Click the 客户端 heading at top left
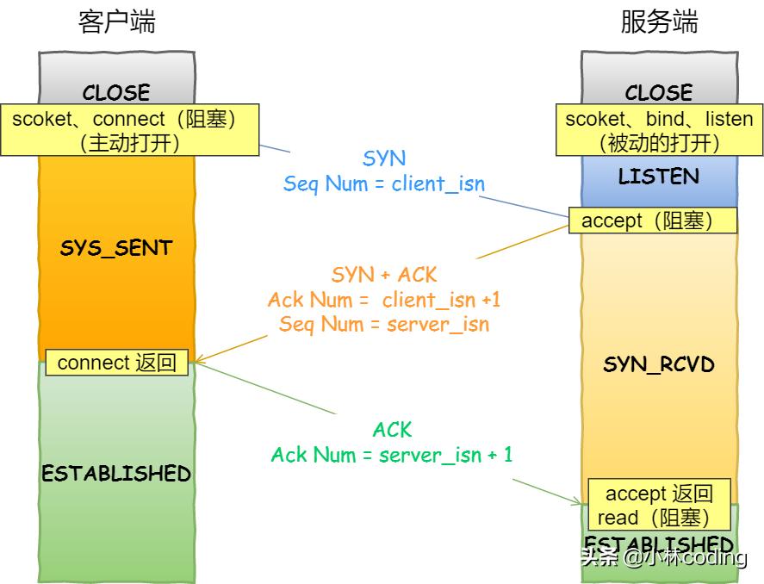[x=116, y=22]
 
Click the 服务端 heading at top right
[x=659, y=22]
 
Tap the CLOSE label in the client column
[x=116, y=91]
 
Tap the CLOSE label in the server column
[x=659, y=91]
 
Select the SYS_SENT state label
[x=116, y=248]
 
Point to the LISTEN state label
[x=659, y=177]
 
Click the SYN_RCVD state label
[x=659, y=364]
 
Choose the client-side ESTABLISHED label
[x=116, y=473]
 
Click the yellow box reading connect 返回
[x=116, y=363]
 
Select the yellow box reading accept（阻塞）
[x=653, y=221]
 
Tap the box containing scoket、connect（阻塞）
[x=129, y=130]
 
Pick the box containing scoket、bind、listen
[x=659, y=130]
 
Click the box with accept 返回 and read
[x=659, y=505]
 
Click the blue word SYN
[x=384, y=158]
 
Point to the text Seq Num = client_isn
[x=384, y=183]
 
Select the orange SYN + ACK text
[x=384, y=275]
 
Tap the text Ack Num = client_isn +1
[x=384, y=300]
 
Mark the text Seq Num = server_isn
[x=384, y=324]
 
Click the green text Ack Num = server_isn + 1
[x=392, y=454]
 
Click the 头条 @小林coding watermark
[x=663, y=557]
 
